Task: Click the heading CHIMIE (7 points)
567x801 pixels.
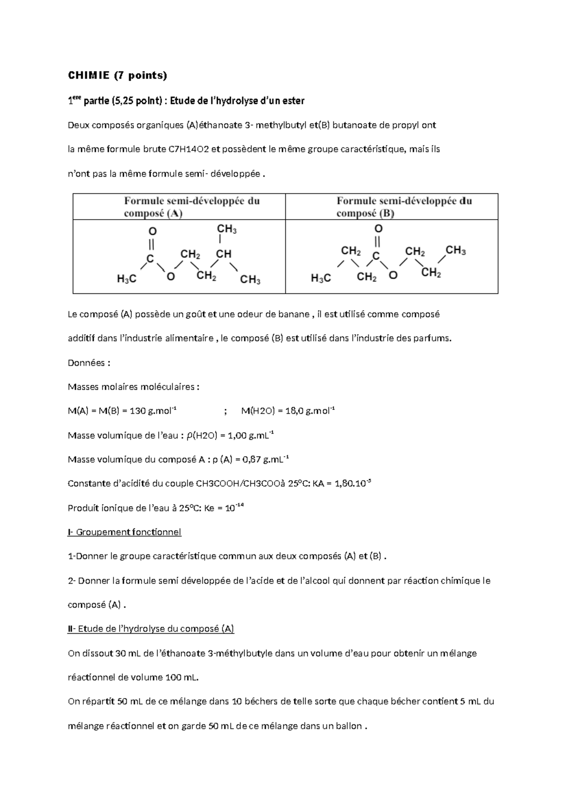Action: click(x=118, y=75)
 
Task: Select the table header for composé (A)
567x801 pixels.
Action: click(x=191, y=207)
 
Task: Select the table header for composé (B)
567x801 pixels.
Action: click(x=404, y=207)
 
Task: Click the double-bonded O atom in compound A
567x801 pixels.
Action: click(x=152, y=231)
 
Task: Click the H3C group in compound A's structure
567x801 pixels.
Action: click(x=127, y=279)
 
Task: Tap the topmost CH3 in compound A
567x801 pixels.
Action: click(x=226, y=230)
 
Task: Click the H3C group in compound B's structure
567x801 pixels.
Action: click(x=321, y=278)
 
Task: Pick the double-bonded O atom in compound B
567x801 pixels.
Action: click(x=378, y=229)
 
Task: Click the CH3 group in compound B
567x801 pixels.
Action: click(x=455, y=250)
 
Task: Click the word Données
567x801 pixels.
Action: click(x=89, y=363)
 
